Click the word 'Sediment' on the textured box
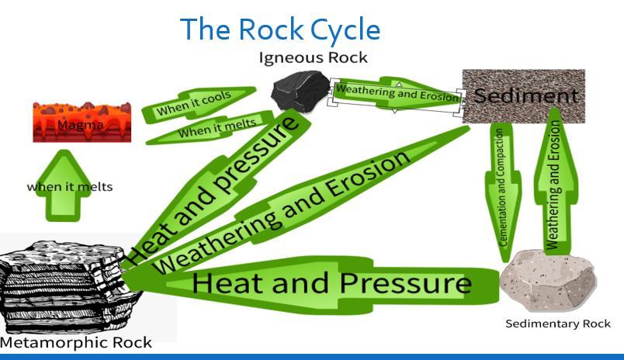click(x=526, y=96)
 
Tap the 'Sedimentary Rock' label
click(x=557, y=323)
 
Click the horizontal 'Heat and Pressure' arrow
click(x=326, y=283)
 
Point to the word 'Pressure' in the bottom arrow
click(x=405, y=283)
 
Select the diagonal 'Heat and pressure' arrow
click(x=217, y=187)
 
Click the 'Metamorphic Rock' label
click(x=75, y=342)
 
